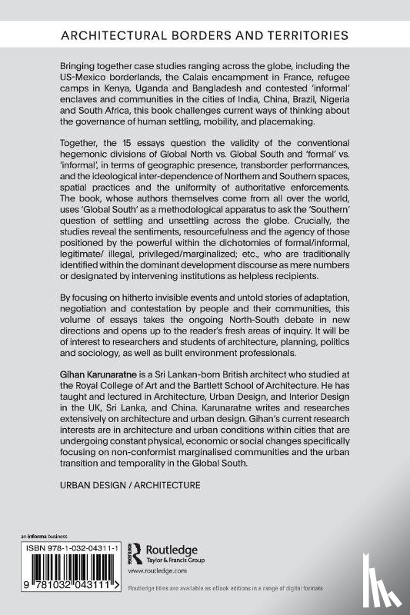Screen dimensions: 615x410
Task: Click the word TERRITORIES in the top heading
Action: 296,35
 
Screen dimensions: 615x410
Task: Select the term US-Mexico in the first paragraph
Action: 91,78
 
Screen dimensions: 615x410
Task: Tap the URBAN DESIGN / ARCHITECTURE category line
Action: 129,485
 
